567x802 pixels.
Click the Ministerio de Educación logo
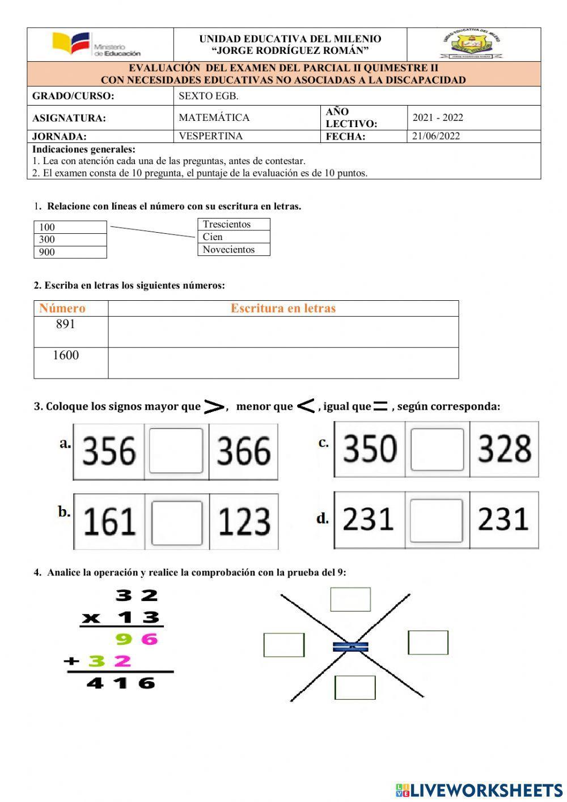(x=96, y=45)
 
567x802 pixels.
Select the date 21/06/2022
(x=436, y=136)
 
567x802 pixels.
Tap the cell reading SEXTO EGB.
(x=209, y=96)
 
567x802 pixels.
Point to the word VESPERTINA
(x=210, y=136)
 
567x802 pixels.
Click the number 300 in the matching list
(x=48, y=240)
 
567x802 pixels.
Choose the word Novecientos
(x=229, y=250)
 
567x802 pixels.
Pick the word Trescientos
(x=227, y=224)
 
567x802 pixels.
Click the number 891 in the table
(x=66, y=324)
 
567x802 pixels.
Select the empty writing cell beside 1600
(x=283, y=363)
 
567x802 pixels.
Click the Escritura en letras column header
(x=283, y=308)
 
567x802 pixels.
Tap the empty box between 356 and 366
(x=176, y=451)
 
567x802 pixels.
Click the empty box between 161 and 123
(x=177, y=522)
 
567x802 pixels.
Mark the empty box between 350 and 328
(x=437, y=450)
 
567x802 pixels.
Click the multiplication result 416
(x=121, y=683)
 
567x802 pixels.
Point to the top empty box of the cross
(x=350, y=599)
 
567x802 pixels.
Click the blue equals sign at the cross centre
(x=350, y=646)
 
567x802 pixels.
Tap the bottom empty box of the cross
(x=355, y=687)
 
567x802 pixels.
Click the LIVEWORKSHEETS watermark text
(x=485, y=790)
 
